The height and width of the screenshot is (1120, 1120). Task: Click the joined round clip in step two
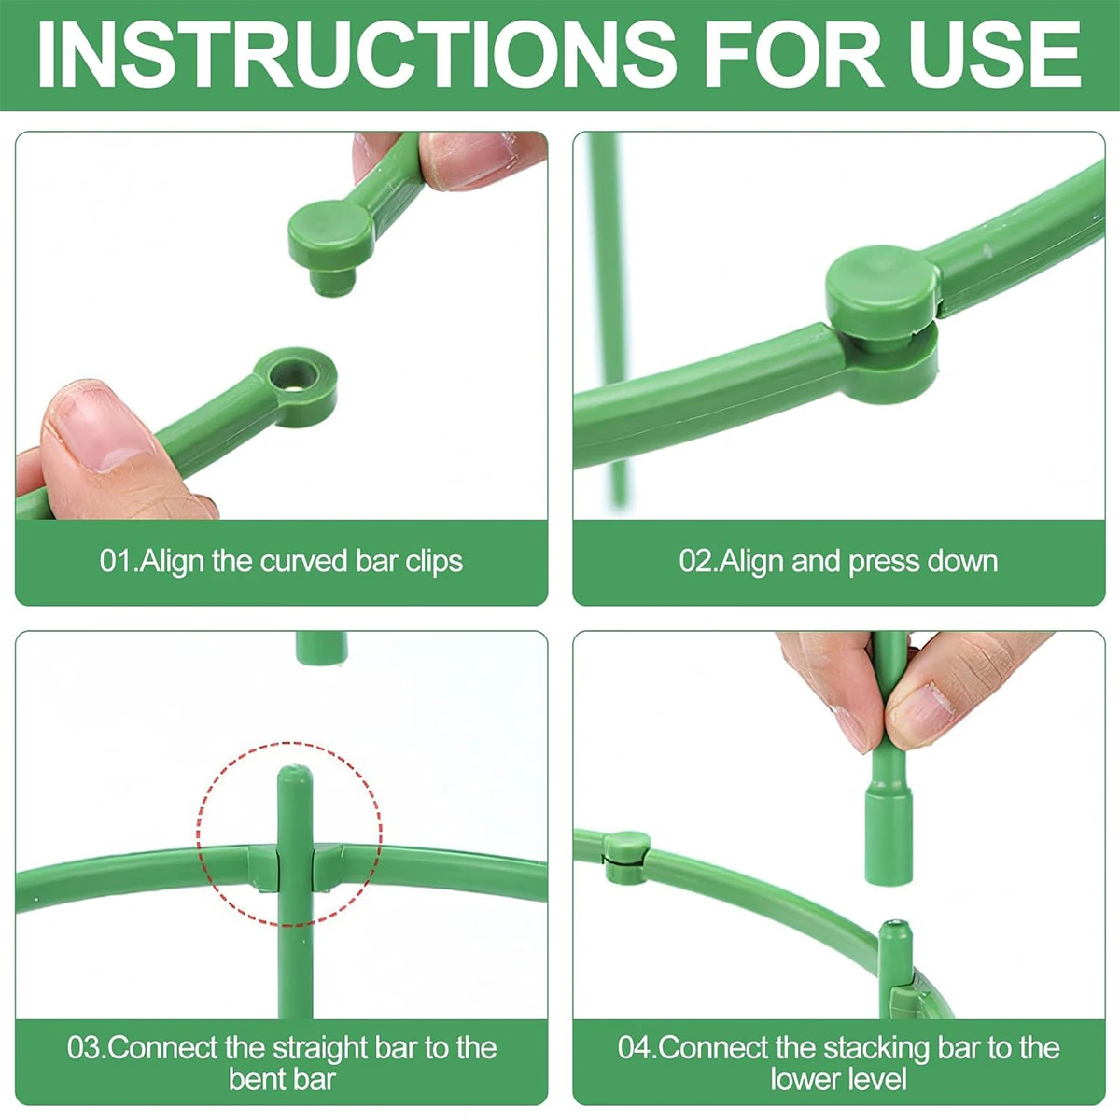pyautogui.click(x=883, y=289)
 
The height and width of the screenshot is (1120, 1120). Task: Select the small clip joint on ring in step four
pyautogui.click(x=625, y=852)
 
